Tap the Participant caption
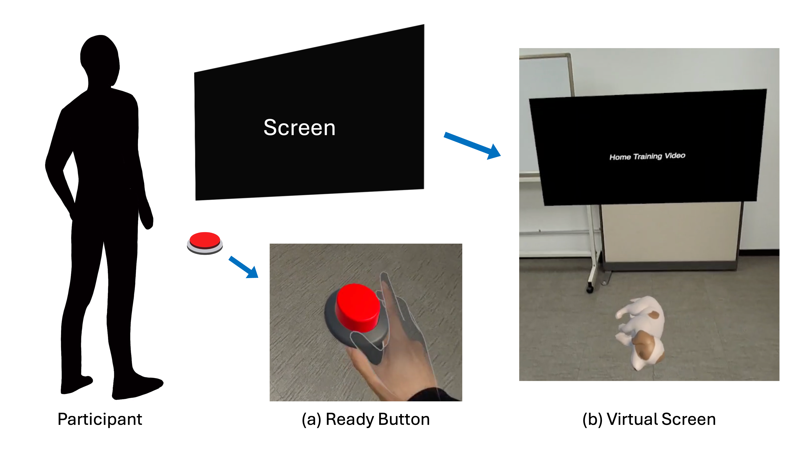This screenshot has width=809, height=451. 100,420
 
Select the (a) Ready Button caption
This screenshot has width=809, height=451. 366,420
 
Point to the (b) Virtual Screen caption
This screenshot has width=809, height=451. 649,420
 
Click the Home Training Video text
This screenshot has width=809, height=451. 647,156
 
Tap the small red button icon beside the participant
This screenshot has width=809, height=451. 205,243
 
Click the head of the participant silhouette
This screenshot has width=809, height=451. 100,60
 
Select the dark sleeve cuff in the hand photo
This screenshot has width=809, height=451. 435,395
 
